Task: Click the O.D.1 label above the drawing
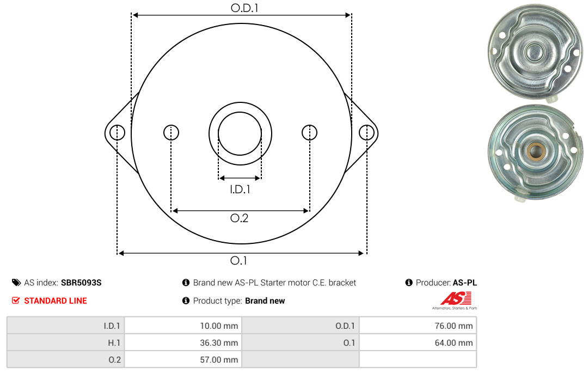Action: pyautogui.click(x=244, y=8)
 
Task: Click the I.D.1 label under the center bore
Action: pyautogui.click(x=240, y=189)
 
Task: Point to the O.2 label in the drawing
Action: pyautogui.click(x=239, y=218)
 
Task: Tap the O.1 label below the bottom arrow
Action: pyautogui.click(x=239, y=260)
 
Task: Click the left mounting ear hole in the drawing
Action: pyautogui.click(x=118, y=133)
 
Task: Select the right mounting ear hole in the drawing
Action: pyautogui.click(x=366, y=133)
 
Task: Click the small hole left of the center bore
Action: pyautogui.click(x=171, y=132)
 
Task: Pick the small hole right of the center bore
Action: pyautogui.click(x=309, y=132)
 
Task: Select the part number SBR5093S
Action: pyautogui.click(x=81, y=283)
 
